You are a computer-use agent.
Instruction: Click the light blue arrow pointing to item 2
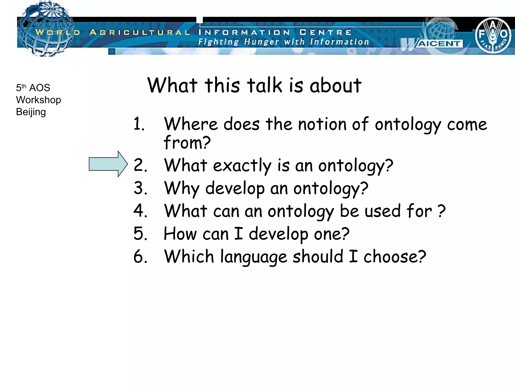point(108,164)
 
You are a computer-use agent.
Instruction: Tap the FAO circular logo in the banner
point(493,35)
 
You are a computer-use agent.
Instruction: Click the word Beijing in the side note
point(31,112)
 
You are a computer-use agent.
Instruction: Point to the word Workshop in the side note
point(38,100)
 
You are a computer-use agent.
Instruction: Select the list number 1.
point(139,124)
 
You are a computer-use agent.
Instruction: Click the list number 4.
point(140,211)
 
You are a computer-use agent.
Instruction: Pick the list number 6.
point(140,256)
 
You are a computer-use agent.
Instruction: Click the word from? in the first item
point(187,142)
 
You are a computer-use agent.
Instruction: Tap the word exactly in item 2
point(242,166)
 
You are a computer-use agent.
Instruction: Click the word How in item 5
point(180,234)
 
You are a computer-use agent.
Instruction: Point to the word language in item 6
point(253,257)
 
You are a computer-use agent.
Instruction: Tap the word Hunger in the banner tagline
point(262,42)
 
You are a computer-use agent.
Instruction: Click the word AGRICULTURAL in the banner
point(140,32)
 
